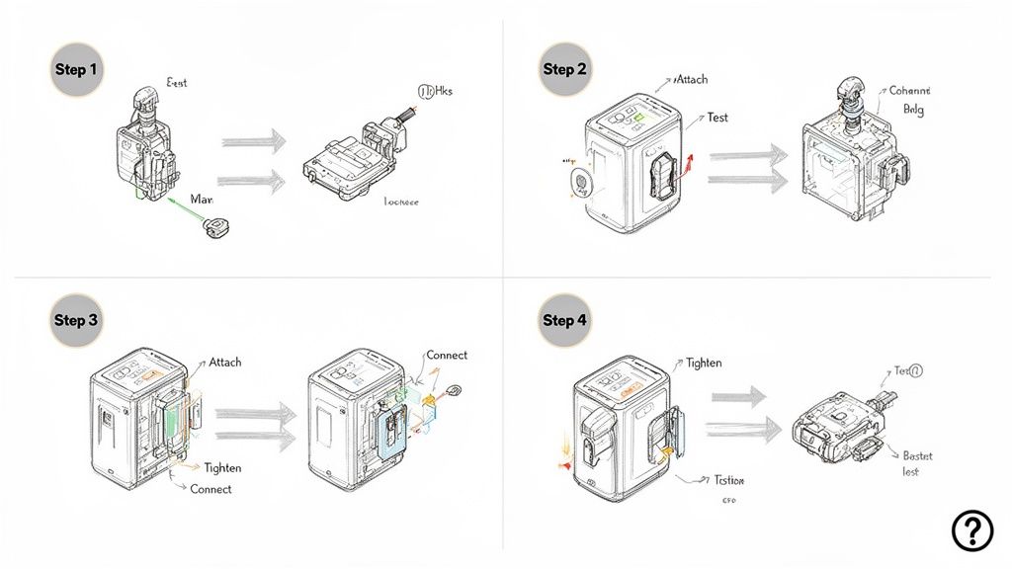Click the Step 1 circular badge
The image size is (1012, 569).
click(x=77, y=69)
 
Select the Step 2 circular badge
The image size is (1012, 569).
click(x=566, y=69)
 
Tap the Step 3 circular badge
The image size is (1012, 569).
click(x=77, y=320)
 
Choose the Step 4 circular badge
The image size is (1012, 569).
click(x=566, y=320)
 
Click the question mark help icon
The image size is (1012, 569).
click(x=971, y=531)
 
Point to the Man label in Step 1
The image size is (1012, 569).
click(x=201, y=200)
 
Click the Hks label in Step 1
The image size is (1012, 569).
click(x=435, y=92)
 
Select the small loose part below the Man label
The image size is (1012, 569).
click(x=214, y=229)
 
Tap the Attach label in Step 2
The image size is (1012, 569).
click(x=691, y=79)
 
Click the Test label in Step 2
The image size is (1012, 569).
click(x=717, y=118)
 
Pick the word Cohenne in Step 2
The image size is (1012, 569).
click(x=909, y=91)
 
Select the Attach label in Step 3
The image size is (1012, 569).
click(x=224, y=363)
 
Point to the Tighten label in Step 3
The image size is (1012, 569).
click(x=222, y=468)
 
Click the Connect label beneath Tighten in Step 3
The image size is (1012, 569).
click(x=211, y=490)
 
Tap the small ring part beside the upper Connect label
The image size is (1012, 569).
click(x=456, y=389)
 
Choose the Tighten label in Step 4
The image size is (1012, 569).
click(x=704, y=364)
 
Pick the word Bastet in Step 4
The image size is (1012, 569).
click(x=917, y=456)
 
